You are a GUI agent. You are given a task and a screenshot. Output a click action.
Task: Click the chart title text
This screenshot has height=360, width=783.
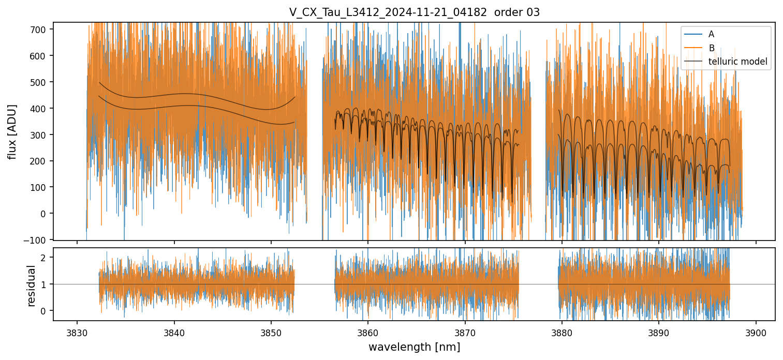tap(414, 12)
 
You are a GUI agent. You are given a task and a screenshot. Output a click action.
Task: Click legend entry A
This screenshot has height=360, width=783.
tap(711, 34)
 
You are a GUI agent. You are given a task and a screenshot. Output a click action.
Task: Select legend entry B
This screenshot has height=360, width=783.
tap(711, 48)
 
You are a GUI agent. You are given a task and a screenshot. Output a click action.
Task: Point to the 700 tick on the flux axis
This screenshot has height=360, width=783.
tap(42, 29)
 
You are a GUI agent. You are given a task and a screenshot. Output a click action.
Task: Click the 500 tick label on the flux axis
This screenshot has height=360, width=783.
tap(42, 82)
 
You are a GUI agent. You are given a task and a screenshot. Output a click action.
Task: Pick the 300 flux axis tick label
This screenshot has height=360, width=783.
tap(42, 134)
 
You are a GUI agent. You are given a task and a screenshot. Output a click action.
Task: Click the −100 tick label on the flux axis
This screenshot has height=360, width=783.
tap(39, 239)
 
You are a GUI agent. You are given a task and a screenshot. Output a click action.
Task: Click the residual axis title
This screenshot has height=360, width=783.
tap(31, 286)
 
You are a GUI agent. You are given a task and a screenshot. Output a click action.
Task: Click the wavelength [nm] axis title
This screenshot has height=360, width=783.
tap(414, 347)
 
